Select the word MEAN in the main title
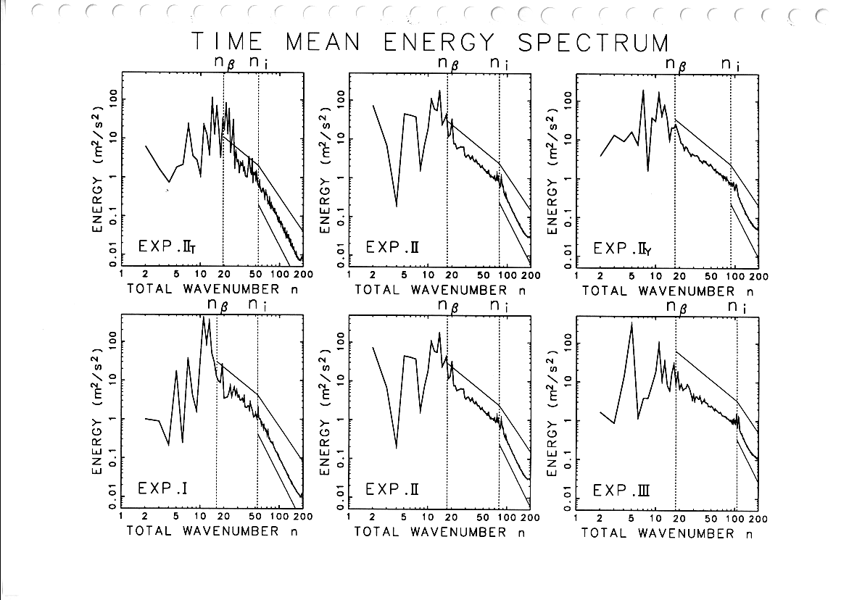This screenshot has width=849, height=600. (x=323, y=43)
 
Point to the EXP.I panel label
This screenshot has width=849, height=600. (x=163, y=489)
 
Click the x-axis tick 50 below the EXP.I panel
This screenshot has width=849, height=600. (x=255, y=517)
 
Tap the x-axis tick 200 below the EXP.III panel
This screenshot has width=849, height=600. (x=758, y=519)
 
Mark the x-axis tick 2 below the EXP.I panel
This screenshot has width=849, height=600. (x=146, y=517)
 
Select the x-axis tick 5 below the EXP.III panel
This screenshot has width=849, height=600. (x=631, y=519)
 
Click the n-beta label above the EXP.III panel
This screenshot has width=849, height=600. (x=677, y=307)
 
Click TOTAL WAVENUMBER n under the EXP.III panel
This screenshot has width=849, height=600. (x=668, y=533)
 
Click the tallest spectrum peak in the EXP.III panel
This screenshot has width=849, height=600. (x=631, y=323)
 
